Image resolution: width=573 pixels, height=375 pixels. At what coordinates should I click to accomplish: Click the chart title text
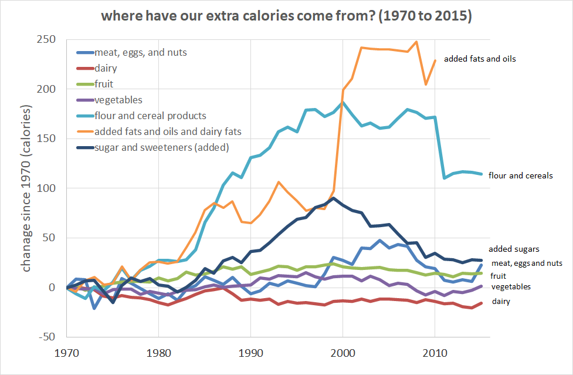(286, 16)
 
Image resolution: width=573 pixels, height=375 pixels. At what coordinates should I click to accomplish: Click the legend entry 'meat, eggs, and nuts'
(140, 53)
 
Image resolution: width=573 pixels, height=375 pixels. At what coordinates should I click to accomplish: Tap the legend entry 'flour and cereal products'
(150, 116)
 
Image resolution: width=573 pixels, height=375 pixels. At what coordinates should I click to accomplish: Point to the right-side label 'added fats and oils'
(480, 59)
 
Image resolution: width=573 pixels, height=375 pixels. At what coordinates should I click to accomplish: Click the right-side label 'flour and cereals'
(520, 175)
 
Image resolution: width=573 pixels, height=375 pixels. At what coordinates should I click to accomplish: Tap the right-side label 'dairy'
(500, 301)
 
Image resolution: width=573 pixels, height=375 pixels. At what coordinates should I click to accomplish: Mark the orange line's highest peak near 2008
(416, 42)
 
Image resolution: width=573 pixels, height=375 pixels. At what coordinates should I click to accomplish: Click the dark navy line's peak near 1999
(333, 198)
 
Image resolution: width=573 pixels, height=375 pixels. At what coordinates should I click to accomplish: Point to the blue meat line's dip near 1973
(94, 308)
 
